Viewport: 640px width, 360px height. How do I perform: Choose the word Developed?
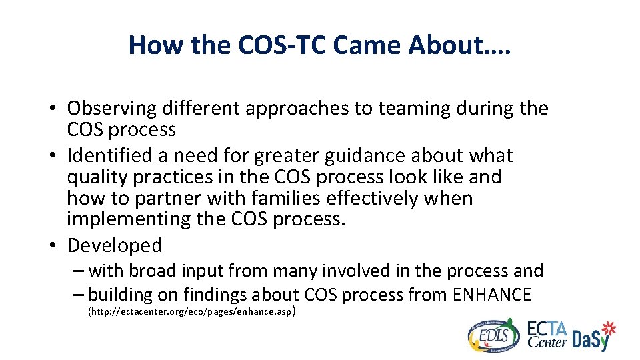115,246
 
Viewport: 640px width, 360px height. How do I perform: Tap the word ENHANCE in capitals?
491,294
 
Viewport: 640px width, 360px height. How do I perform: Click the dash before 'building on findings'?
79,294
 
